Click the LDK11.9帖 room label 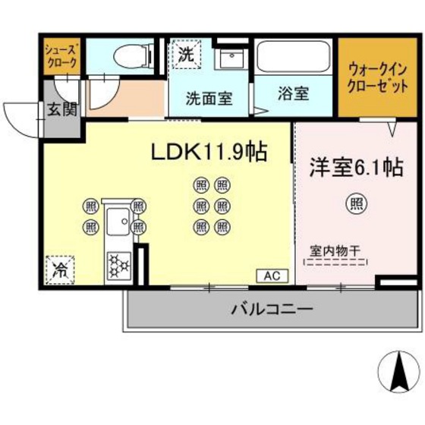(x=209, y=152)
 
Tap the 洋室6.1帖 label (x=354, y=166)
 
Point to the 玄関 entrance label (x=62, y=109)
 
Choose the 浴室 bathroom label (x=293, y=95)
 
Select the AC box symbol (x=272, y=276)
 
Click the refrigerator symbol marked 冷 (x=59, y=268)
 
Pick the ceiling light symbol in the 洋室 (x=354, y=203)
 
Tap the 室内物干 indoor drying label (x=334, y=250)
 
